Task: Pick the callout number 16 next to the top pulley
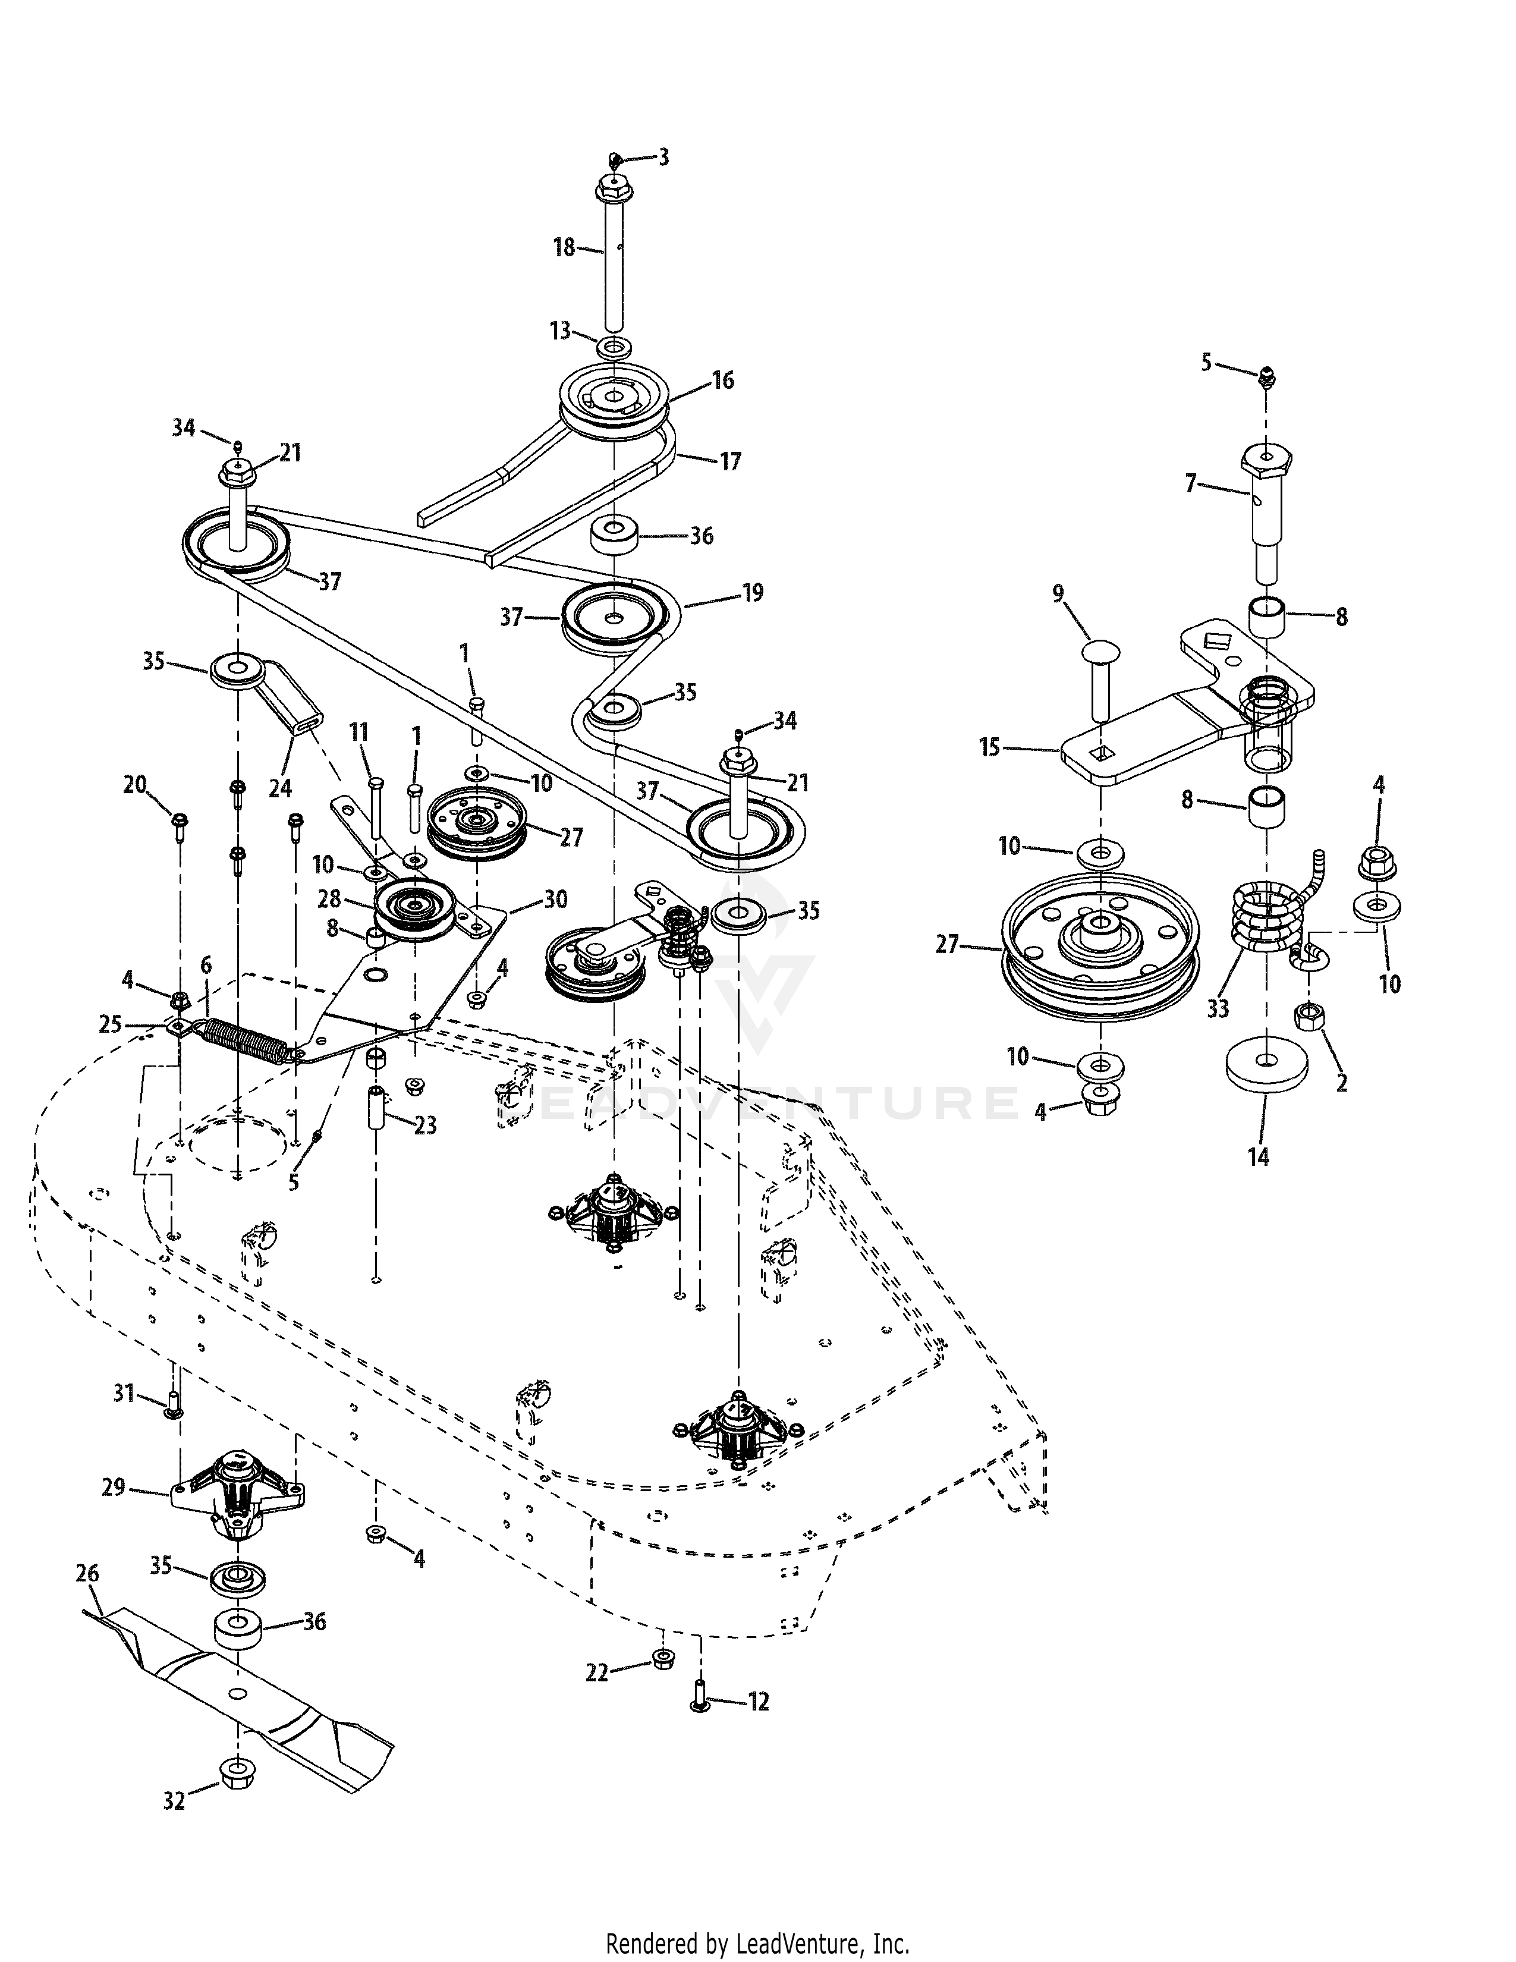[x=723, y=380]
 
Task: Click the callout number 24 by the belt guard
[x=280, y=788]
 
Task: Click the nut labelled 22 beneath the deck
[x=662, y=1658]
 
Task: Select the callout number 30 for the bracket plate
[x=555, y=899]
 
